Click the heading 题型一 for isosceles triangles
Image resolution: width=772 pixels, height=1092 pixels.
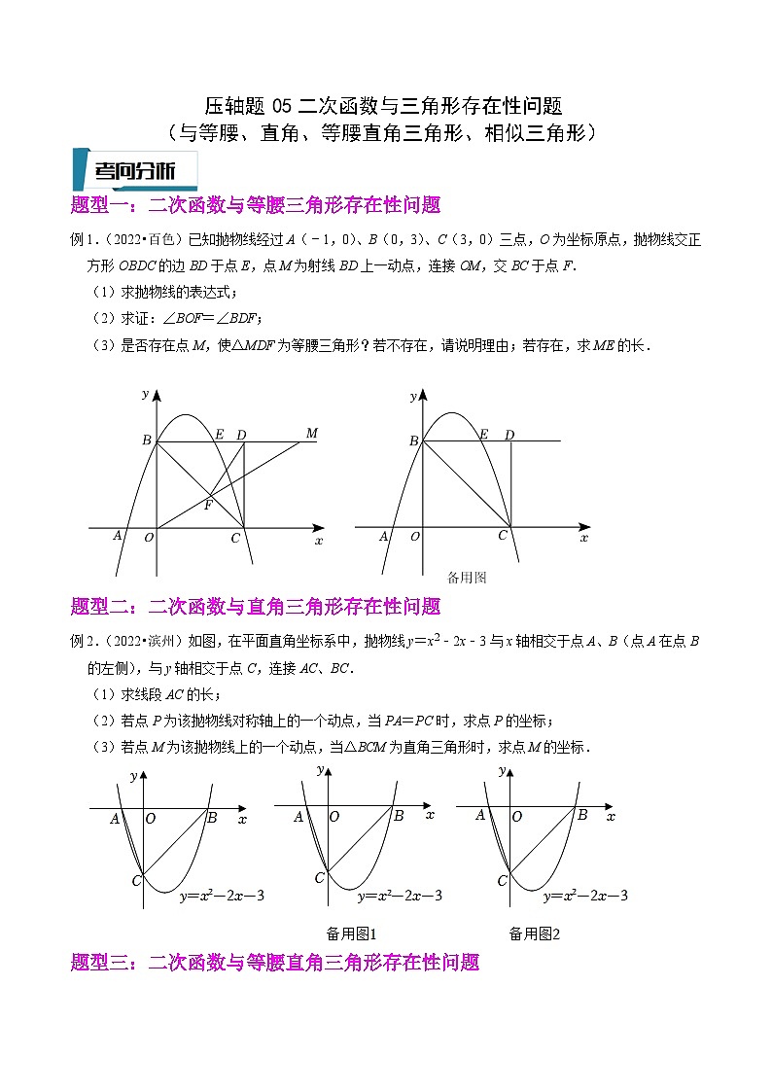point(257,204)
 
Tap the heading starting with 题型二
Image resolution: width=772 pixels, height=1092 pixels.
point(257,607)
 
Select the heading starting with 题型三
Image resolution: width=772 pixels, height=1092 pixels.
point(276,963)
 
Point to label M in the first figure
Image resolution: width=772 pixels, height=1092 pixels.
point(312,433)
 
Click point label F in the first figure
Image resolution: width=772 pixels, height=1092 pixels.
point(208,505)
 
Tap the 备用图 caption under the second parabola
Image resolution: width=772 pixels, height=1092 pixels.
point(466,577)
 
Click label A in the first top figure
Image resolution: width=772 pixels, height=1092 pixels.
point(118,536)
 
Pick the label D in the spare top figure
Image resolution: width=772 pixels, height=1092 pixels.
point(509,435)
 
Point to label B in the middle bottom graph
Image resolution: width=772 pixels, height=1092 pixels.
point(399,816)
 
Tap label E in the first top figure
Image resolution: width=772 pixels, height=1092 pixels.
point(220,434)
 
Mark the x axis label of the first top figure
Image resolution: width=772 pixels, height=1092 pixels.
point(318,541)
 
